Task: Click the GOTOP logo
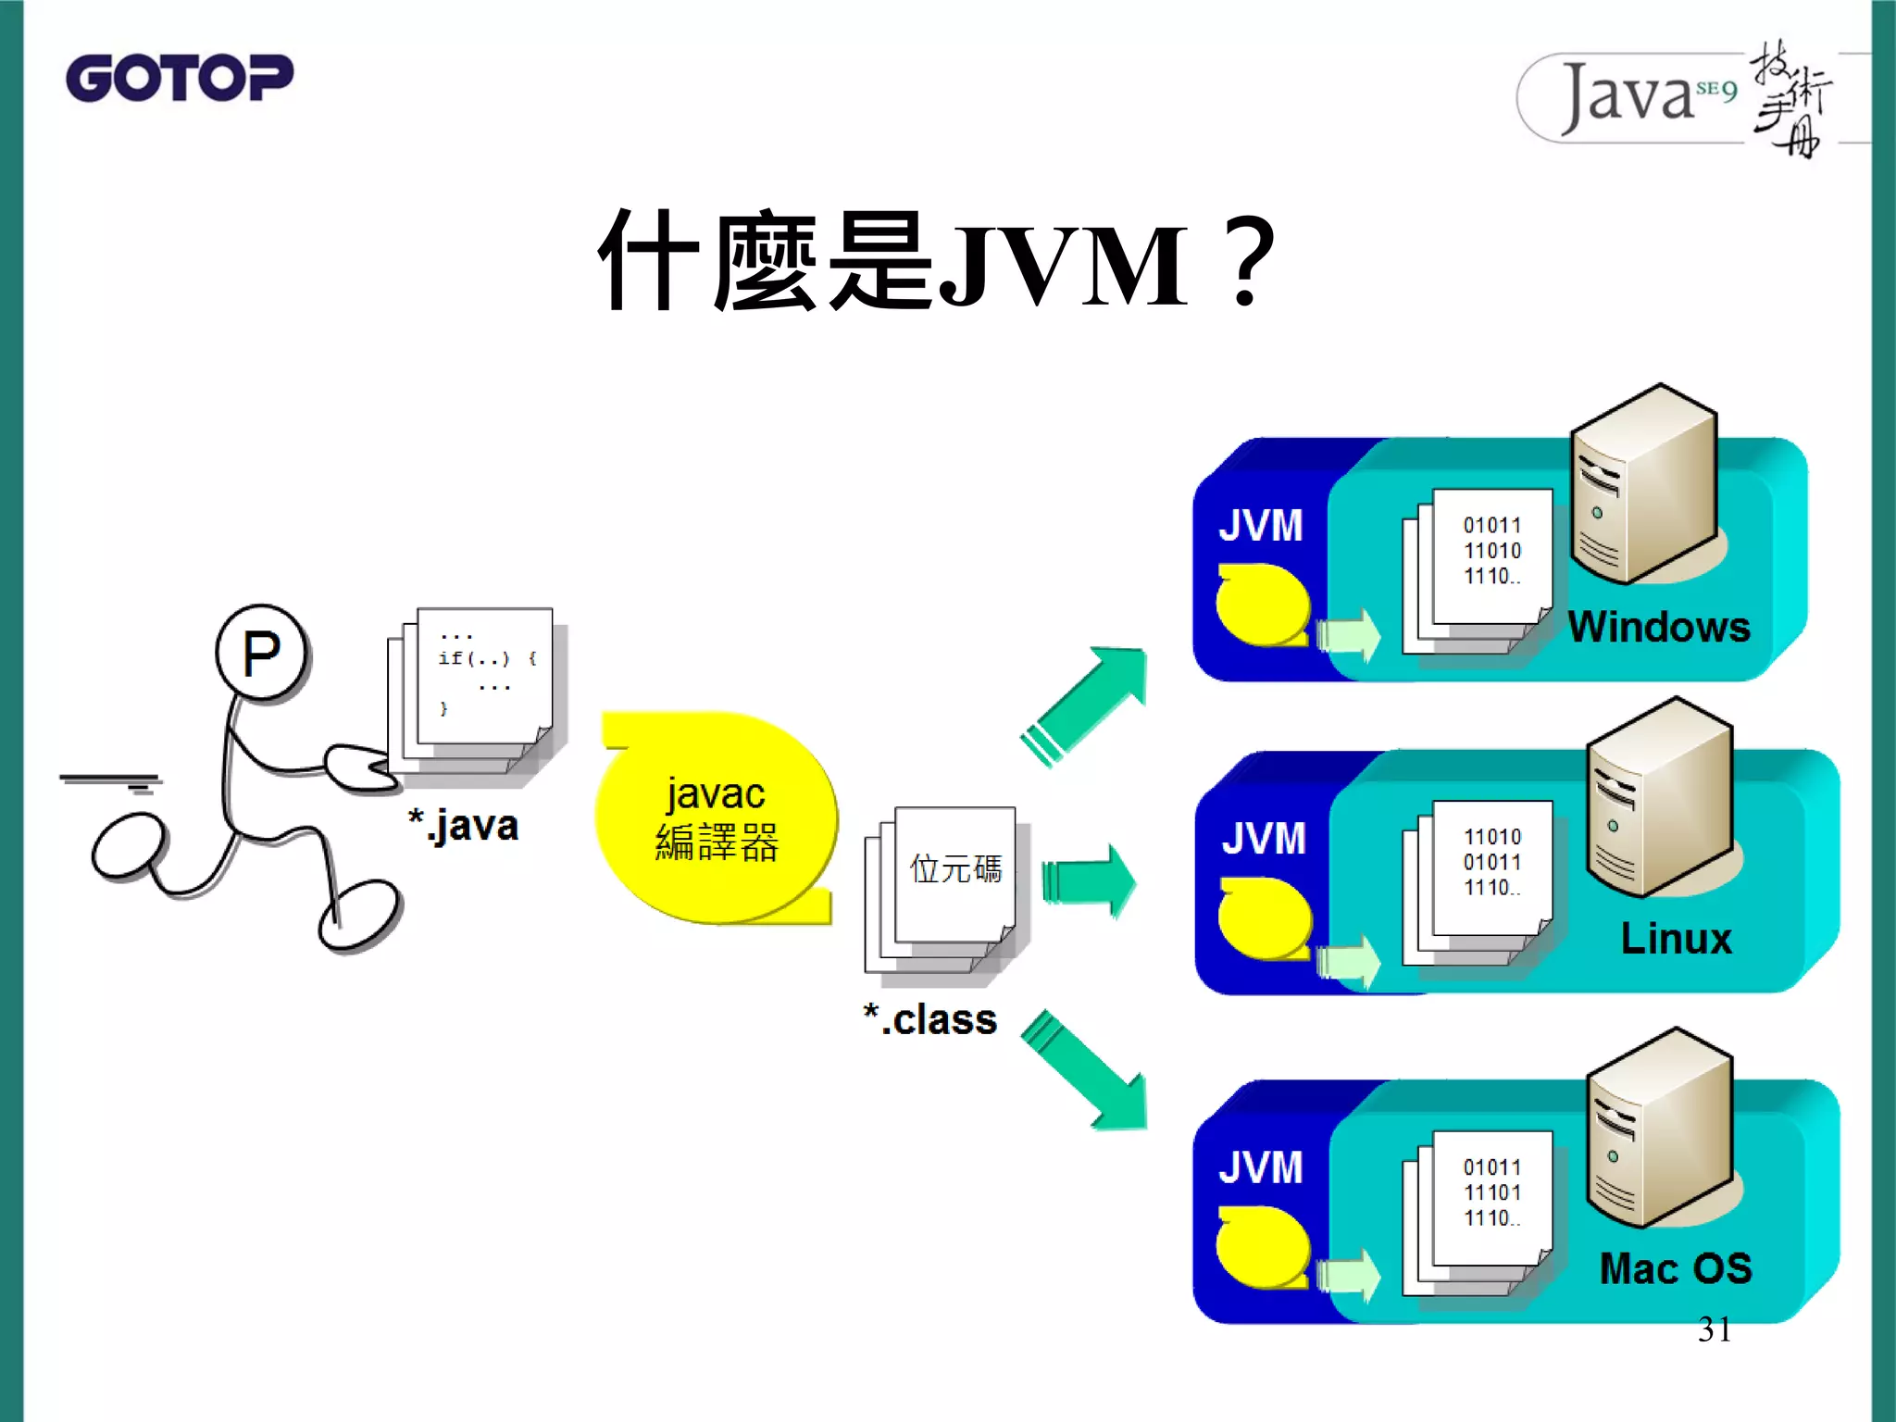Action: click(179, 78)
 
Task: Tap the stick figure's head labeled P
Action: click(262, 654)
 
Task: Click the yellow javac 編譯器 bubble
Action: click(716, 817)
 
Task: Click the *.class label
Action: click(930, 1019)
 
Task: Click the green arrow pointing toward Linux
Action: click(1089, 880)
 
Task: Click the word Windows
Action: click(1658, 627)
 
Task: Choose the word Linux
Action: click(1676, 939)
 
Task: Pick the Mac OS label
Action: click(1676, 1268)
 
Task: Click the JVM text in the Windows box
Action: click(1260, 526)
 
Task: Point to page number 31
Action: click(1715, 1329)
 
